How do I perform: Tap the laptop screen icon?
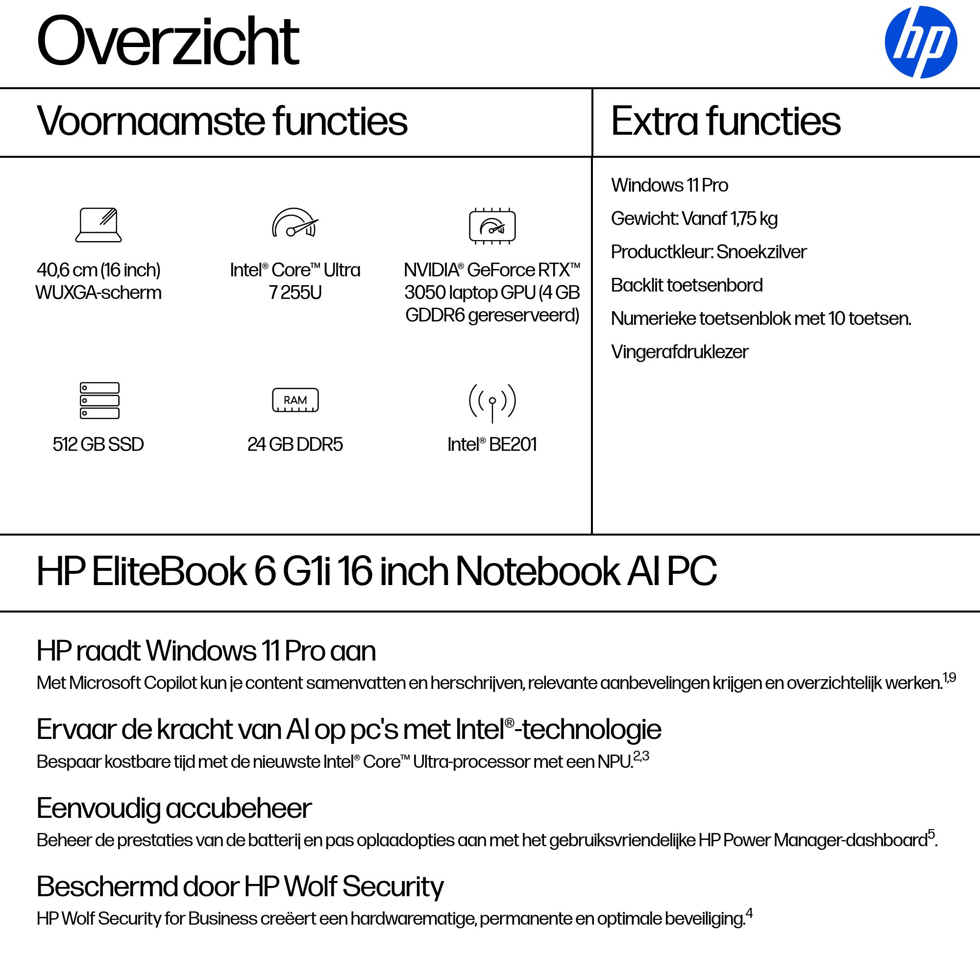tap(98, 225)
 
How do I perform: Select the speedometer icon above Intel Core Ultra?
tap(294, 223)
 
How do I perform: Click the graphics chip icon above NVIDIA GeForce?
tap(492, 226)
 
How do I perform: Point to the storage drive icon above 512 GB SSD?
tap(99, 400)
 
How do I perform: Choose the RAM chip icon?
tap(295, 400)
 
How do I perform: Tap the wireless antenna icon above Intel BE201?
tap(492, 402)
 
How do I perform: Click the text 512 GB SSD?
tap(98, 444)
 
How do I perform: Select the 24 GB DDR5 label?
tap(295, 444)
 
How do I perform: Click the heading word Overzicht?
tap(168, 42)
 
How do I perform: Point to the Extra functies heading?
tap(725, 122)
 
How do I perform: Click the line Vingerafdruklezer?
tap(679, 352)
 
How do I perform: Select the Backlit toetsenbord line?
tap(686, 286)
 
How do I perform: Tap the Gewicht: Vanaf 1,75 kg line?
tap(694, 219)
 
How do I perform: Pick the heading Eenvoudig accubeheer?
tap(174, 808)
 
